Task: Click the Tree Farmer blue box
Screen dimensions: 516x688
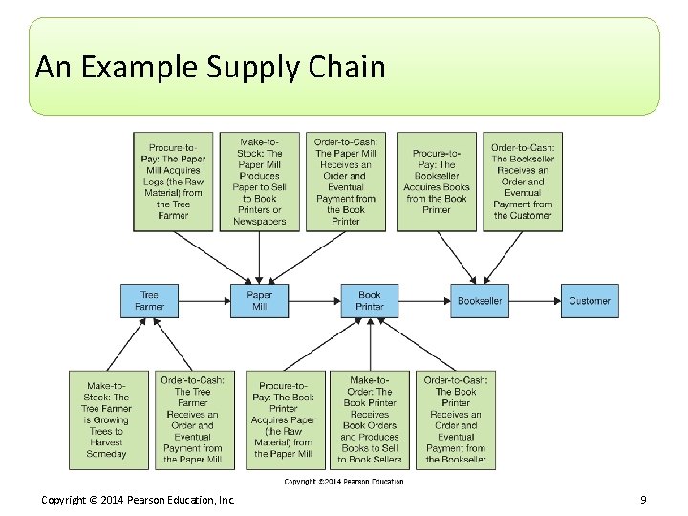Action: [149, 301]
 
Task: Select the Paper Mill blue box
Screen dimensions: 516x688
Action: [259, 301]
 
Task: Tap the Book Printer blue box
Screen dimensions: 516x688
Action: [369, 301]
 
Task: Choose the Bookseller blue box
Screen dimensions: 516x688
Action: [480, 301]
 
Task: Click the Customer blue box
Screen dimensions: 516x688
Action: [590, 301]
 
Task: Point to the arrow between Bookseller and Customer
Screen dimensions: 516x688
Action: [534, 301]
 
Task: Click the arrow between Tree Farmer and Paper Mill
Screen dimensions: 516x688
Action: [204, 301]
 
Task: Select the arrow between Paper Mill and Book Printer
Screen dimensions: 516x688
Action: [314, 301]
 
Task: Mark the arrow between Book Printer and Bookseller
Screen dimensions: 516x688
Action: [424, 301]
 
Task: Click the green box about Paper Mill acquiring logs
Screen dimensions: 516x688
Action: [173, 182]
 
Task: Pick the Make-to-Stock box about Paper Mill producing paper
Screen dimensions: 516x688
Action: [259, 182]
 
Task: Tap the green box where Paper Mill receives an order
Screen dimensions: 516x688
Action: [346, 182]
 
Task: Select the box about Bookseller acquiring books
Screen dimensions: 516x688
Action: [437, 182]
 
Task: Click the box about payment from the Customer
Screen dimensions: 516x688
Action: [523, 182]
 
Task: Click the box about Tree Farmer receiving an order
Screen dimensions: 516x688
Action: [192, 419]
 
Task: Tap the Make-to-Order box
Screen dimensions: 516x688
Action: [370, 419]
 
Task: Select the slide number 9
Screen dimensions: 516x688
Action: [643, 500]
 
